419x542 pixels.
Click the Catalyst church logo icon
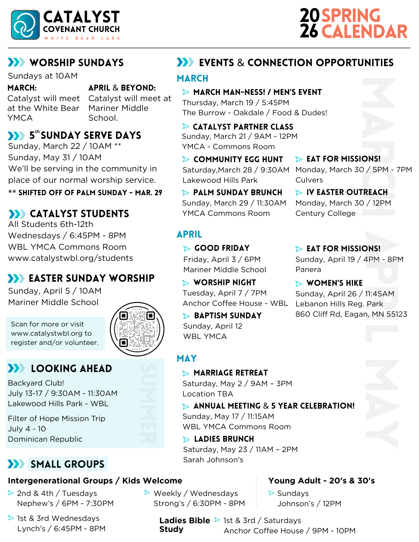[25, 25]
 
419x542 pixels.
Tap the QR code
[137, 329]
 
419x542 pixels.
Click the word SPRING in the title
[351, 16]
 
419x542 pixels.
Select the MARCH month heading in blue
[192, 78]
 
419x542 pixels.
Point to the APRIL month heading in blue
[189, 234]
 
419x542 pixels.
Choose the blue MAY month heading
[187, 358]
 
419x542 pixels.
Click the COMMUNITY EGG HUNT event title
[238, 159]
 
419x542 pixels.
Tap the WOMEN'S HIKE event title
[334, 283]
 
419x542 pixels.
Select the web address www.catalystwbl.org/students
[71, 258]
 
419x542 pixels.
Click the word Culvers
[309, 180]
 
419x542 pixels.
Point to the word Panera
[308, 270]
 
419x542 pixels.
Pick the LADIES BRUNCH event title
[224, 439]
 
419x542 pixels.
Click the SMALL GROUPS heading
[68, 464]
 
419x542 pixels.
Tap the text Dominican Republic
[45, 439]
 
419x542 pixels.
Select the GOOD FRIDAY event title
[222, 248]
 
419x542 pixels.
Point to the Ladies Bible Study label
[184, 525]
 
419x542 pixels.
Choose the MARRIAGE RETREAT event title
[231, 373]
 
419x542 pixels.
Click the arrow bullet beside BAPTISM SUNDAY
[186, 316]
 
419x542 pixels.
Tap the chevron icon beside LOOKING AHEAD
[16, 368]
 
